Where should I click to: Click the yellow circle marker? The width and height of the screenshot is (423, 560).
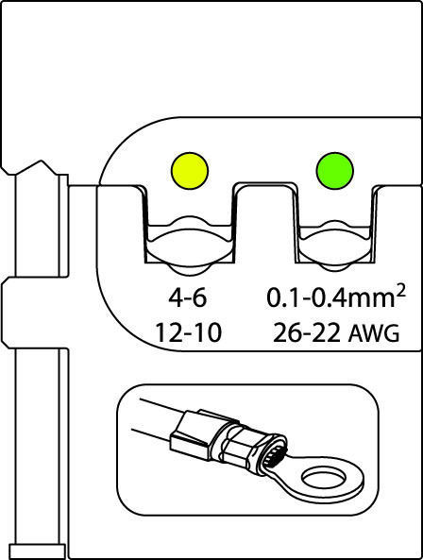[x=190, y=171]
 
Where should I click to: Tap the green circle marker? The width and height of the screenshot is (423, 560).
[x=335, y=171]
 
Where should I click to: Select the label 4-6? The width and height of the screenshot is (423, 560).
[x=188, y=297]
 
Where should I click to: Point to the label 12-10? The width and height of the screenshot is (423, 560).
[x=188, y=332]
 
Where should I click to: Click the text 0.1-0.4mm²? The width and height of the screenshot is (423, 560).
[x=336, y=297]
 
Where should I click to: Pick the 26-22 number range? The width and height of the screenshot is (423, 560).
[x=306, y=333]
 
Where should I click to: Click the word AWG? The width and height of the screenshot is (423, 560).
[x=374, y=334]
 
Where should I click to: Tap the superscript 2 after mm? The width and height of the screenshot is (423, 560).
[x=400, y=291]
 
